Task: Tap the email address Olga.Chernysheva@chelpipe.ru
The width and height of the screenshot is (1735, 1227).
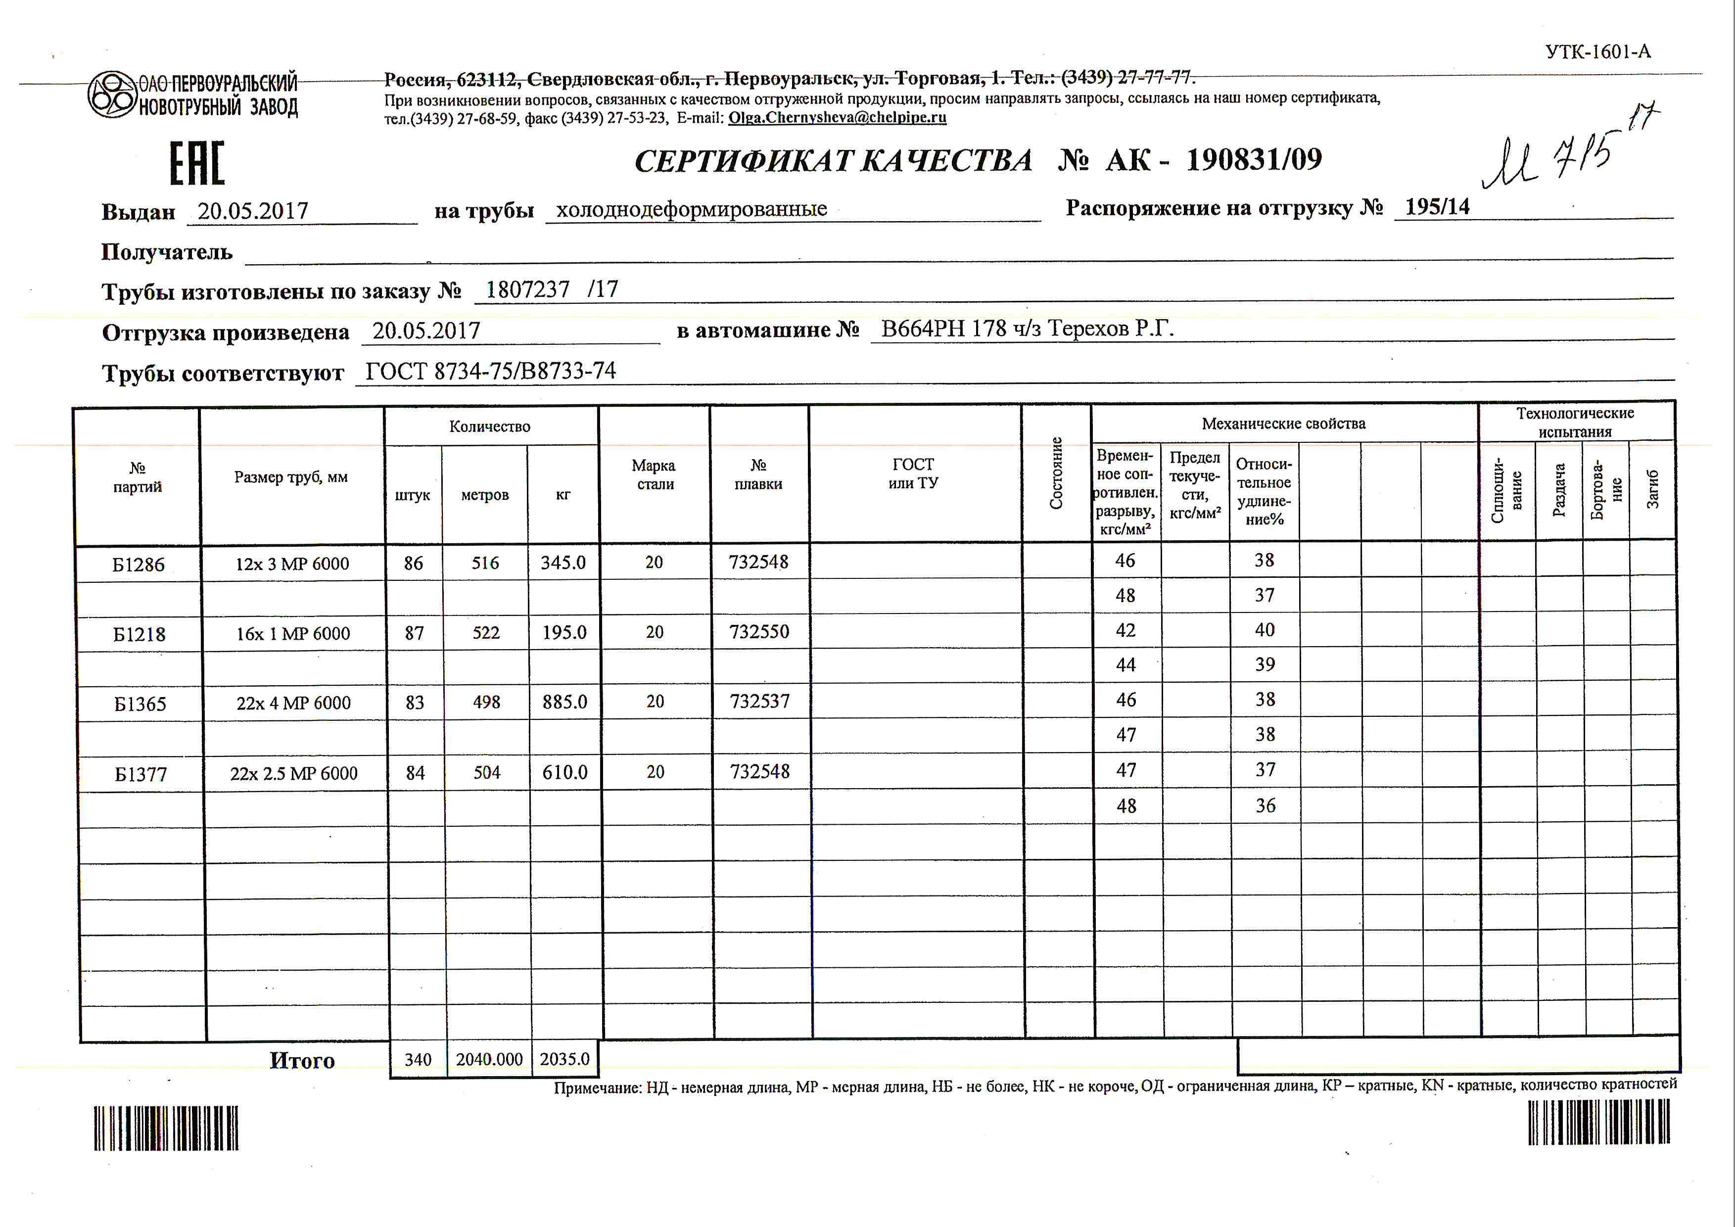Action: click(837, 118)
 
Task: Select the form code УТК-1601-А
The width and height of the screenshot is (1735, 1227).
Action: click(1597, 52)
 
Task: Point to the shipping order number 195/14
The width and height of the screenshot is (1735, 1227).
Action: click(1437, 207)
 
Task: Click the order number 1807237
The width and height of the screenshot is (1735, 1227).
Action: click(527, 289)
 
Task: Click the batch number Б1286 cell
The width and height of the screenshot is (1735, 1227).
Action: click(139, 565)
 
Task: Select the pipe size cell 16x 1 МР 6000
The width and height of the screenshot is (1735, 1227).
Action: click(293, 634)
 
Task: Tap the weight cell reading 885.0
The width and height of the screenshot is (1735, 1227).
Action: click(564, 702)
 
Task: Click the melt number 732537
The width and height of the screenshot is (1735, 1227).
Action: click(759, 701)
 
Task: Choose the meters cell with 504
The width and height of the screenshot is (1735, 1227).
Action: click(487, 772)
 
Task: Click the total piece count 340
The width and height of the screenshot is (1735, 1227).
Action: click(418, 1060)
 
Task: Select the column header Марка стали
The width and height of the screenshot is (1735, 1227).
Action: click(655, 474)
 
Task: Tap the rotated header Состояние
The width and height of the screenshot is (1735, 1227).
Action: click(1056, 473)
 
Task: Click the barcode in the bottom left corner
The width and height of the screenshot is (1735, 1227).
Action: click(166, 1128)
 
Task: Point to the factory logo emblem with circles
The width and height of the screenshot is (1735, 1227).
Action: click(112, 95)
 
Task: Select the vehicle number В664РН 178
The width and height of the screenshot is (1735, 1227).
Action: click(944, 329)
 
